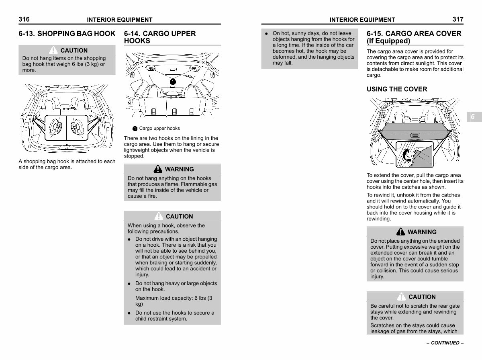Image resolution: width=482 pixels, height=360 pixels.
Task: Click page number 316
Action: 24,19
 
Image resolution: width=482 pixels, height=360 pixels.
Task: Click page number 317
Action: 457,19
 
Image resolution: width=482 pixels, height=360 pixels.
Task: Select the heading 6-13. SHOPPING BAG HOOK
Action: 67,34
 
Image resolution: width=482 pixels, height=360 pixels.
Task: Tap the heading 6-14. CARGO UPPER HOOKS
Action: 160,37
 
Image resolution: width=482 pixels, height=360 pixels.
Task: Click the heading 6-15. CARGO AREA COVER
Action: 414,37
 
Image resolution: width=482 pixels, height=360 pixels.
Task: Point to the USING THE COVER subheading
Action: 397,89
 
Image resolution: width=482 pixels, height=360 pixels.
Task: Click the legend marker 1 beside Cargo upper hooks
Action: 135,129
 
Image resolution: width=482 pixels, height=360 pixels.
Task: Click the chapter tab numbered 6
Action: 473,117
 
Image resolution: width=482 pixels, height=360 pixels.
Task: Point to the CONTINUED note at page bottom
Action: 445,343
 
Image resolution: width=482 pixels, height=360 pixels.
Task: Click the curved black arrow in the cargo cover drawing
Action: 408,155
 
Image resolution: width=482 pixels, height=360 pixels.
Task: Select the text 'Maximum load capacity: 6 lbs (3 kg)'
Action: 174,301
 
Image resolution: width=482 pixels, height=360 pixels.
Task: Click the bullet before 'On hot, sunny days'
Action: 266,34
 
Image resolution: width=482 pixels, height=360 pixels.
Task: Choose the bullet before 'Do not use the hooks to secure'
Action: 129,313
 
